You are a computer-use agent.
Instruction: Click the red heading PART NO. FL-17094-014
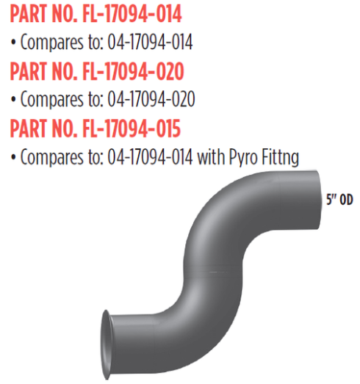point(96,14)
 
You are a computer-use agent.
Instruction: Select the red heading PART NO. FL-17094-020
point(96,72)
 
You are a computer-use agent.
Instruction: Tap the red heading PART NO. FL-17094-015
point(96,129)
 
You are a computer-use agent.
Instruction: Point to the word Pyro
point(245,157)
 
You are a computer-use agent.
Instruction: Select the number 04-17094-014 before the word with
point(158,157)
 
